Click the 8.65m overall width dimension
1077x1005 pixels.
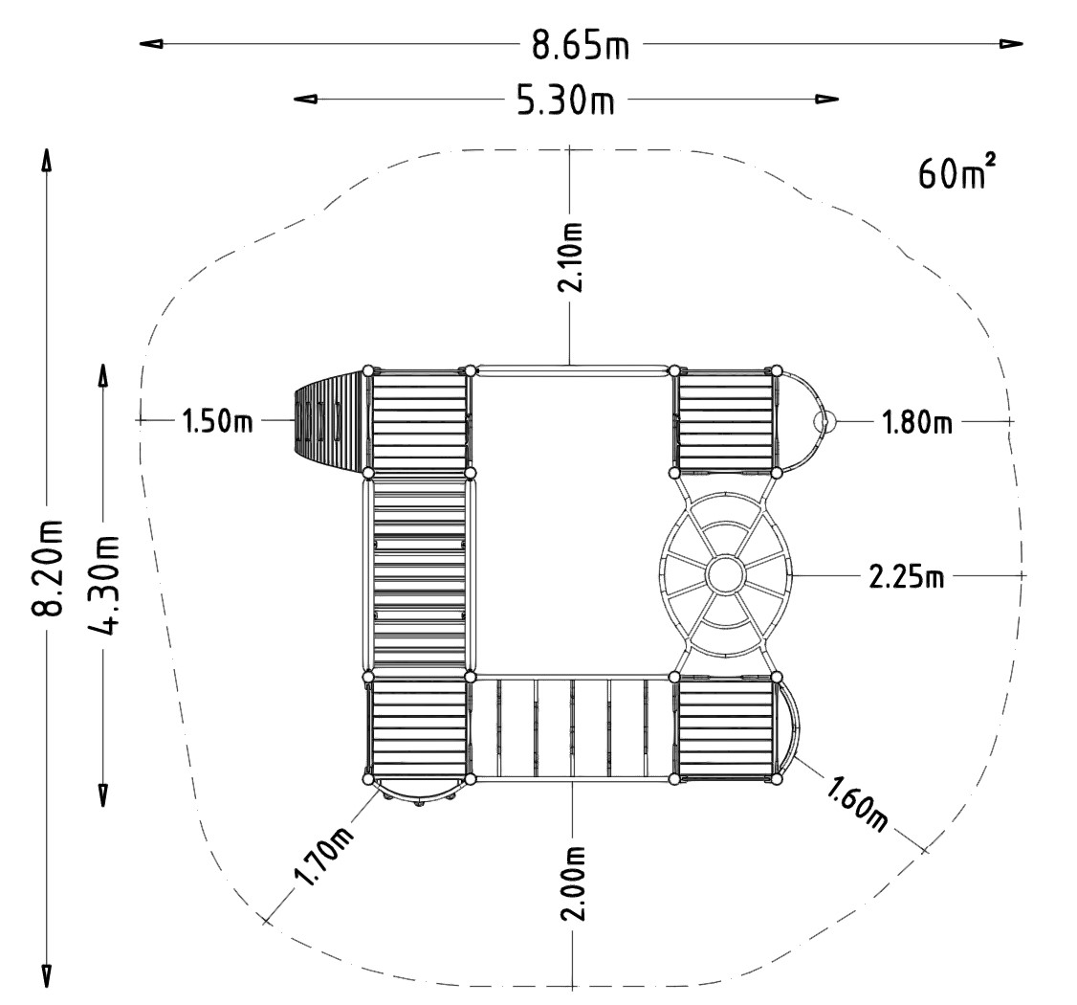pyautogui.click(x=581, y=46)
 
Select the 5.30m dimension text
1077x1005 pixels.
pyautogui.click(x=565, y=100)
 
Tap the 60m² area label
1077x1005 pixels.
pyautogui.click(x=956, y=172)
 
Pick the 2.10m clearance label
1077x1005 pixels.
pyautogui.click(x=571, y=257)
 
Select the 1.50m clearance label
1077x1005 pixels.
pyautogui.click(x=217, y=420)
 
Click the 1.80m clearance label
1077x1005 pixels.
pyautogui.click(x=917, y=421)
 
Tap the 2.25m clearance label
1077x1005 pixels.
pyautogui.click(x=907, y=576)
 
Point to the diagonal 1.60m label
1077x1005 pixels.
pyautogui.click(x=857, y=803)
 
